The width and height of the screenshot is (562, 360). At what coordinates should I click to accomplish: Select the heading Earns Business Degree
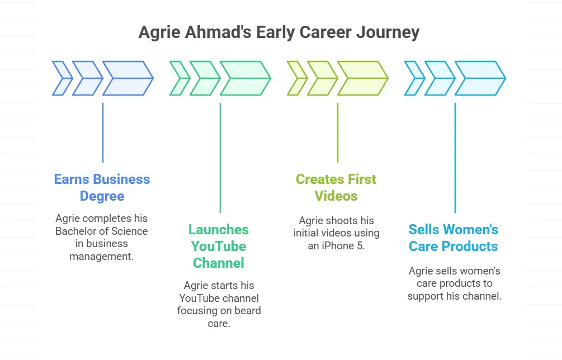[102, 187]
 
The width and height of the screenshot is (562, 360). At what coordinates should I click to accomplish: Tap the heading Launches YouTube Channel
[219, 246]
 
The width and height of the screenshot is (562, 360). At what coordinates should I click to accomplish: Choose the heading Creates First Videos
[336, 187]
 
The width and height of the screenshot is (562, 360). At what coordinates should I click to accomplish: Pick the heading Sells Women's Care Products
[454, 238]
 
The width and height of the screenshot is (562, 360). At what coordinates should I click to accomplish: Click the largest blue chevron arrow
[128, 78]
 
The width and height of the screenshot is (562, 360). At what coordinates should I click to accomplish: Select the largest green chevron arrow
[245, 78]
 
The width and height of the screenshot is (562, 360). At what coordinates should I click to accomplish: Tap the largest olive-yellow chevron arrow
[363, 78]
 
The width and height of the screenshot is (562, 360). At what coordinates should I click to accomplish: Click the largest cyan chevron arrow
[480, 78]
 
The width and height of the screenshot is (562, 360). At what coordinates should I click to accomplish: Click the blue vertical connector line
[103, 132]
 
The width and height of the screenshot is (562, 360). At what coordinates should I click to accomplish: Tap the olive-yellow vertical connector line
[338, 132]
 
